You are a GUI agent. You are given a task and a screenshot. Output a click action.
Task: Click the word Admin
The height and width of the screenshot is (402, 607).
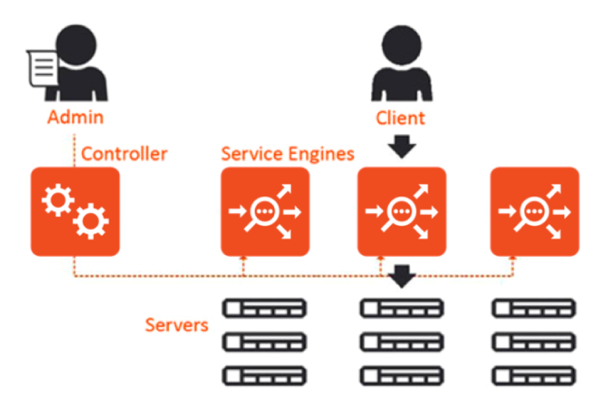point(76,116)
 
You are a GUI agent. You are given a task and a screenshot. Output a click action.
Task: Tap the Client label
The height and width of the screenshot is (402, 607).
point(401,118)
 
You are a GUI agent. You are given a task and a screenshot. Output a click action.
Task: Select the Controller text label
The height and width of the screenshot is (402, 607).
point(124,154)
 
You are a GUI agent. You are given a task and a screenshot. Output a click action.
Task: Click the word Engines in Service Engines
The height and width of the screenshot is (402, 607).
point(320,154)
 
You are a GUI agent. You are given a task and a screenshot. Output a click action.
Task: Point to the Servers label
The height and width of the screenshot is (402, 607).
point(176,325)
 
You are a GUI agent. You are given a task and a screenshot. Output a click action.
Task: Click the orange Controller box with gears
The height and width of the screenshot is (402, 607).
point(75,211)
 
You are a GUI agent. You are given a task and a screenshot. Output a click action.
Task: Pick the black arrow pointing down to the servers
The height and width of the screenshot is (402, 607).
point(401,277)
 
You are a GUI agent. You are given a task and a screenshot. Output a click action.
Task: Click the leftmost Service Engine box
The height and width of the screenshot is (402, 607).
point(265,211)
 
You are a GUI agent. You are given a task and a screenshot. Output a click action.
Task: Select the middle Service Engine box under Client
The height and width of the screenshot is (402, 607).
point(401,211)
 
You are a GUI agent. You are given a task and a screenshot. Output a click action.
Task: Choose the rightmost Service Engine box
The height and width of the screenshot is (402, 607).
point(534,211)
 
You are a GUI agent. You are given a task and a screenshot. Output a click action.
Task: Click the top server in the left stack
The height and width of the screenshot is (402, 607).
point(265,308)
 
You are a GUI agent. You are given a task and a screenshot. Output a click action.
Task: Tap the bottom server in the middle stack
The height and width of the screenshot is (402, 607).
point(401,376)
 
